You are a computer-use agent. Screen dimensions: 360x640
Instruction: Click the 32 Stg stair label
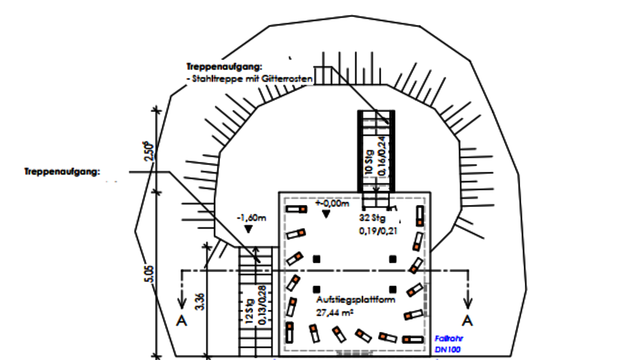371,219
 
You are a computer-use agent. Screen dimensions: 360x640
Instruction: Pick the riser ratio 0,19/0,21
378,231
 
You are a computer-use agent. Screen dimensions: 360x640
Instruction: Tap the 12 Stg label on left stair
249,311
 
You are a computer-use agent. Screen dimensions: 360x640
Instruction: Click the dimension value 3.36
199,300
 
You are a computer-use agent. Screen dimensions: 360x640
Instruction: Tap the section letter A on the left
182,321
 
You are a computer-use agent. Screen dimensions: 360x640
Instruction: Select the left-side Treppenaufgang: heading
62,172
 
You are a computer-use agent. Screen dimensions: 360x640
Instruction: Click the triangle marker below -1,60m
248,229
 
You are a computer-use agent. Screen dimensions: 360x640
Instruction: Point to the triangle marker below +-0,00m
325,214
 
